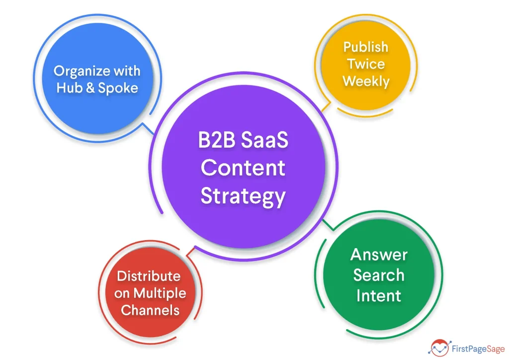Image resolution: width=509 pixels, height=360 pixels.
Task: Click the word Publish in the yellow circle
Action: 365,47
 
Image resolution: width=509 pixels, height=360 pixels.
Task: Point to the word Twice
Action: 366,64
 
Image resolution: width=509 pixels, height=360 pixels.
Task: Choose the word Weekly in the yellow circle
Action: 366,81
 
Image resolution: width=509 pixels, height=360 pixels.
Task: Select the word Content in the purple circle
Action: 243,168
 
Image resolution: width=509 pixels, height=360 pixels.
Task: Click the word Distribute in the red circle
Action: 149,276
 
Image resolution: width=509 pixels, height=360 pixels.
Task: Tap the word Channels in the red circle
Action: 150,310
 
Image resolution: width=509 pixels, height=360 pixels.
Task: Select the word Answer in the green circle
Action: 379,255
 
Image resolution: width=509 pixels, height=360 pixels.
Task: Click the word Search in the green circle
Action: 379,275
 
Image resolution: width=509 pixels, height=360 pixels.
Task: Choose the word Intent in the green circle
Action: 378,295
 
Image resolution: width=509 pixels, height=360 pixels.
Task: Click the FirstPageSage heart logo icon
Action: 439,347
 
